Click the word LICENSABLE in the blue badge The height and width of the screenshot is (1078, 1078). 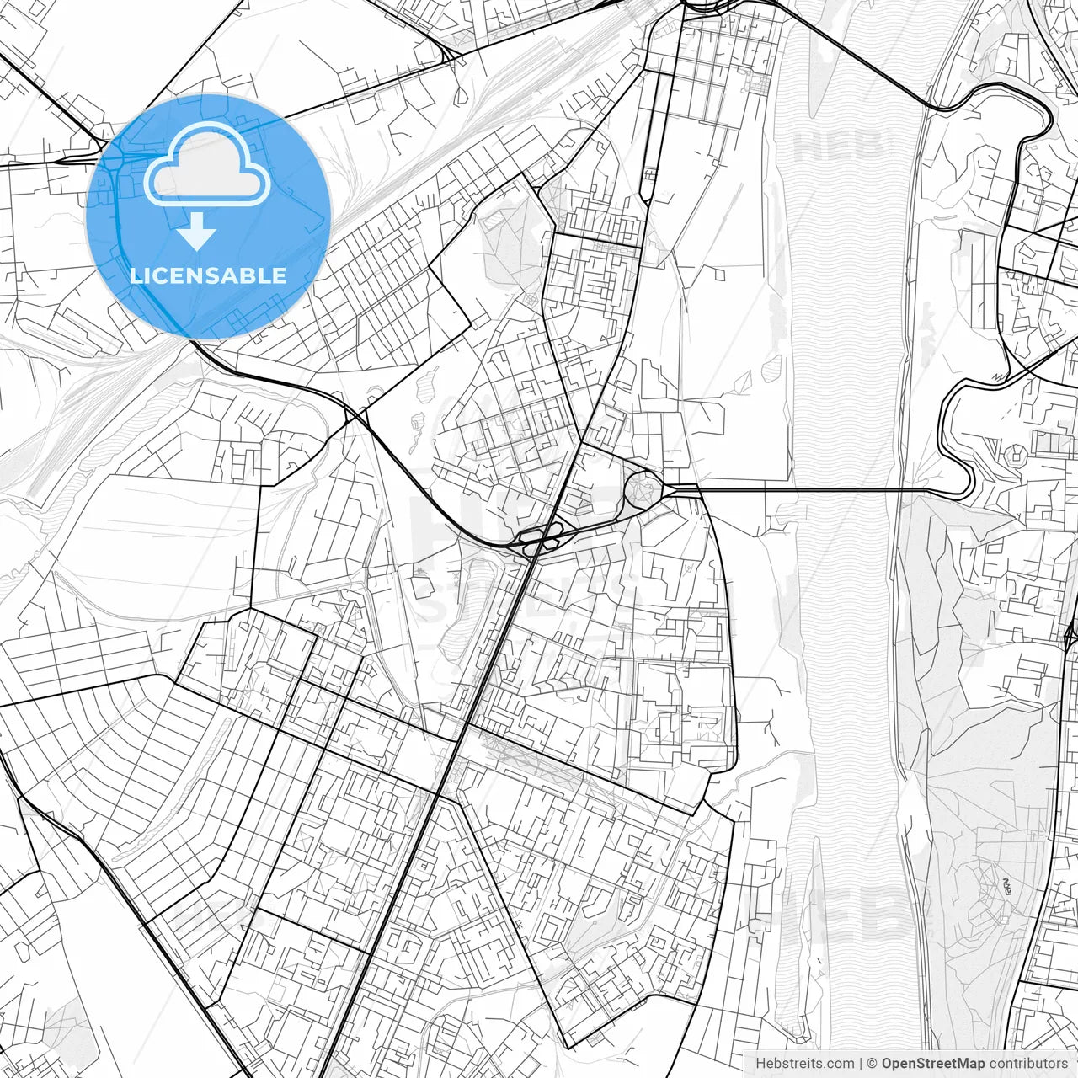tap(208, 275)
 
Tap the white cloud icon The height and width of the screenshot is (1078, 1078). tap(207, 164)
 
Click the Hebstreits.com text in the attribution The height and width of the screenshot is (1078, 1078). tap(804, 1063)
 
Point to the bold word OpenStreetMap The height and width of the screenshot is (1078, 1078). tap(933, 1063)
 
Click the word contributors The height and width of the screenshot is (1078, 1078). tap(1028, 1063)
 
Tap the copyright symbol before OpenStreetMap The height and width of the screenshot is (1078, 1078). tap(873, 1063)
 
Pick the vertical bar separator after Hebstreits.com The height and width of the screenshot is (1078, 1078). tap(861, 1063)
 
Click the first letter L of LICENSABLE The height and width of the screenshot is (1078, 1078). tap(135, 275)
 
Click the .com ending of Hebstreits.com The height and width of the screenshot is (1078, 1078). tap(840, 1063)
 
